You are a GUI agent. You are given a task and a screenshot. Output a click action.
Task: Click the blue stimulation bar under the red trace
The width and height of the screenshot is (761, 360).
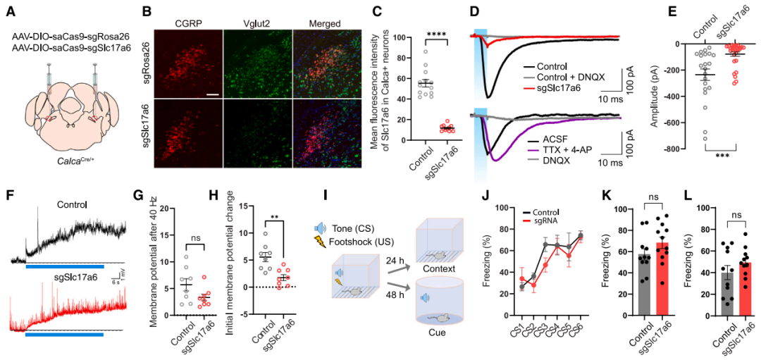(64, 335)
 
